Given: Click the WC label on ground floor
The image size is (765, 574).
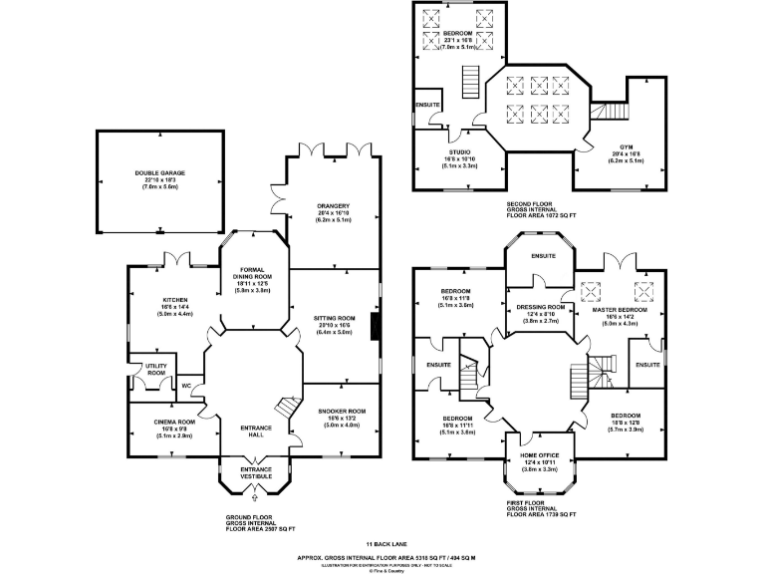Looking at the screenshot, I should (x=185, y=386).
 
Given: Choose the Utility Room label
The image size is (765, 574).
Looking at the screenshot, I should (x=155, y=370).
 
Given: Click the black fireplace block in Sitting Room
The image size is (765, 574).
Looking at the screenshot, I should (x=375, y=327).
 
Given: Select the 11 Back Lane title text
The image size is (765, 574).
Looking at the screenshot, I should (x=382, y=543).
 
